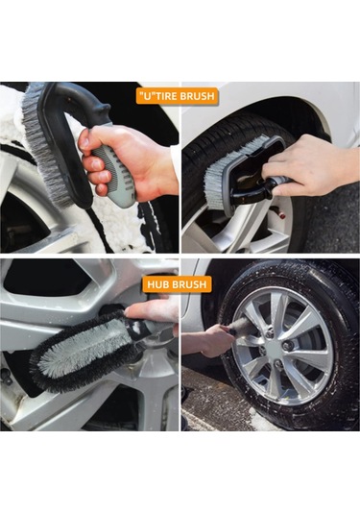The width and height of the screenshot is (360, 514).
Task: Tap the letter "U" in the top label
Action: coord(145,96)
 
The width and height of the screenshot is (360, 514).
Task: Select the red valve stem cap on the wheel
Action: coord(280,214)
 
